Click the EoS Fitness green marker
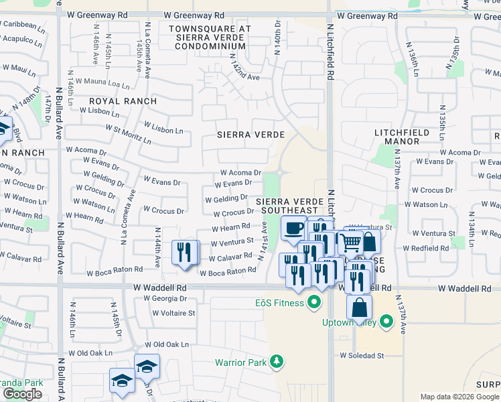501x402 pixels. click(x=313, y=304)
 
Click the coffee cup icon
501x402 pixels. click(x=293, y=228)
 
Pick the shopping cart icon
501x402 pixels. click(x=350, y=243)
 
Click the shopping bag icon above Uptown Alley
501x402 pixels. click(x=359, y=308)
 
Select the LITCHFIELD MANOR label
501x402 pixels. click(x=401, y=137)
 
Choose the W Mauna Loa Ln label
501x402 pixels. click(x=102, y=84)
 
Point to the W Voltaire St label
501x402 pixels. click(x=173, y=312)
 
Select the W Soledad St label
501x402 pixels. click(x=362, y=355)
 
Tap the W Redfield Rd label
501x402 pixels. click(x=425, y=248)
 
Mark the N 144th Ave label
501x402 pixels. click(x=157, y=248)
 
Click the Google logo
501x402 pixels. click(x=22, y=395)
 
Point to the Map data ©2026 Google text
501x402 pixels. click(x=459, y=397)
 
